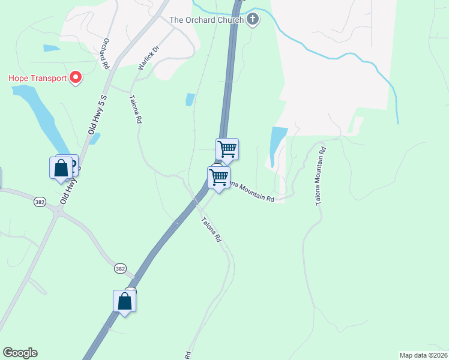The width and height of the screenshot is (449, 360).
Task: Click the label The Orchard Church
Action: [x=206, y=20]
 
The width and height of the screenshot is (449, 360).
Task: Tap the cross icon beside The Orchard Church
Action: [x=253, y=19]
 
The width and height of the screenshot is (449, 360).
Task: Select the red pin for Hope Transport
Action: [x=76, y=78]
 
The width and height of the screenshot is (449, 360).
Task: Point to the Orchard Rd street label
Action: [x=106, y=53]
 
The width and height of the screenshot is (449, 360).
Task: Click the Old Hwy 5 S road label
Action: [x=97, y=114]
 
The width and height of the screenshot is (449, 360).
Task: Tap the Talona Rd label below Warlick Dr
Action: [x=135, y=109]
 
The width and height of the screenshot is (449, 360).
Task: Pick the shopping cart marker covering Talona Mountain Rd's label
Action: [x=219, y=178]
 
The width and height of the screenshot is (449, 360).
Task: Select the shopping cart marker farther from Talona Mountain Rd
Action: [x=227, y=149]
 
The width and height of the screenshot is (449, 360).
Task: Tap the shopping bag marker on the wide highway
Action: [x=124, y=301]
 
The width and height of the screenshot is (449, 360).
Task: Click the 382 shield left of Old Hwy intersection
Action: [x=40, y=203]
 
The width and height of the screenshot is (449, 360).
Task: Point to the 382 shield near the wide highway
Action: [x=121, y=269]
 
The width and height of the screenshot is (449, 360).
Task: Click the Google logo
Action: [x=20, y=353]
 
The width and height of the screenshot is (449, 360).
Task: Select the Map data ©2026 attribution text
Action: [x=423, y=355]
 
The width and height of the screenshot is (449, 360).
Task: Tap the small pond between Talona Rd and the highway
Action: [x=190, y=100]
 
